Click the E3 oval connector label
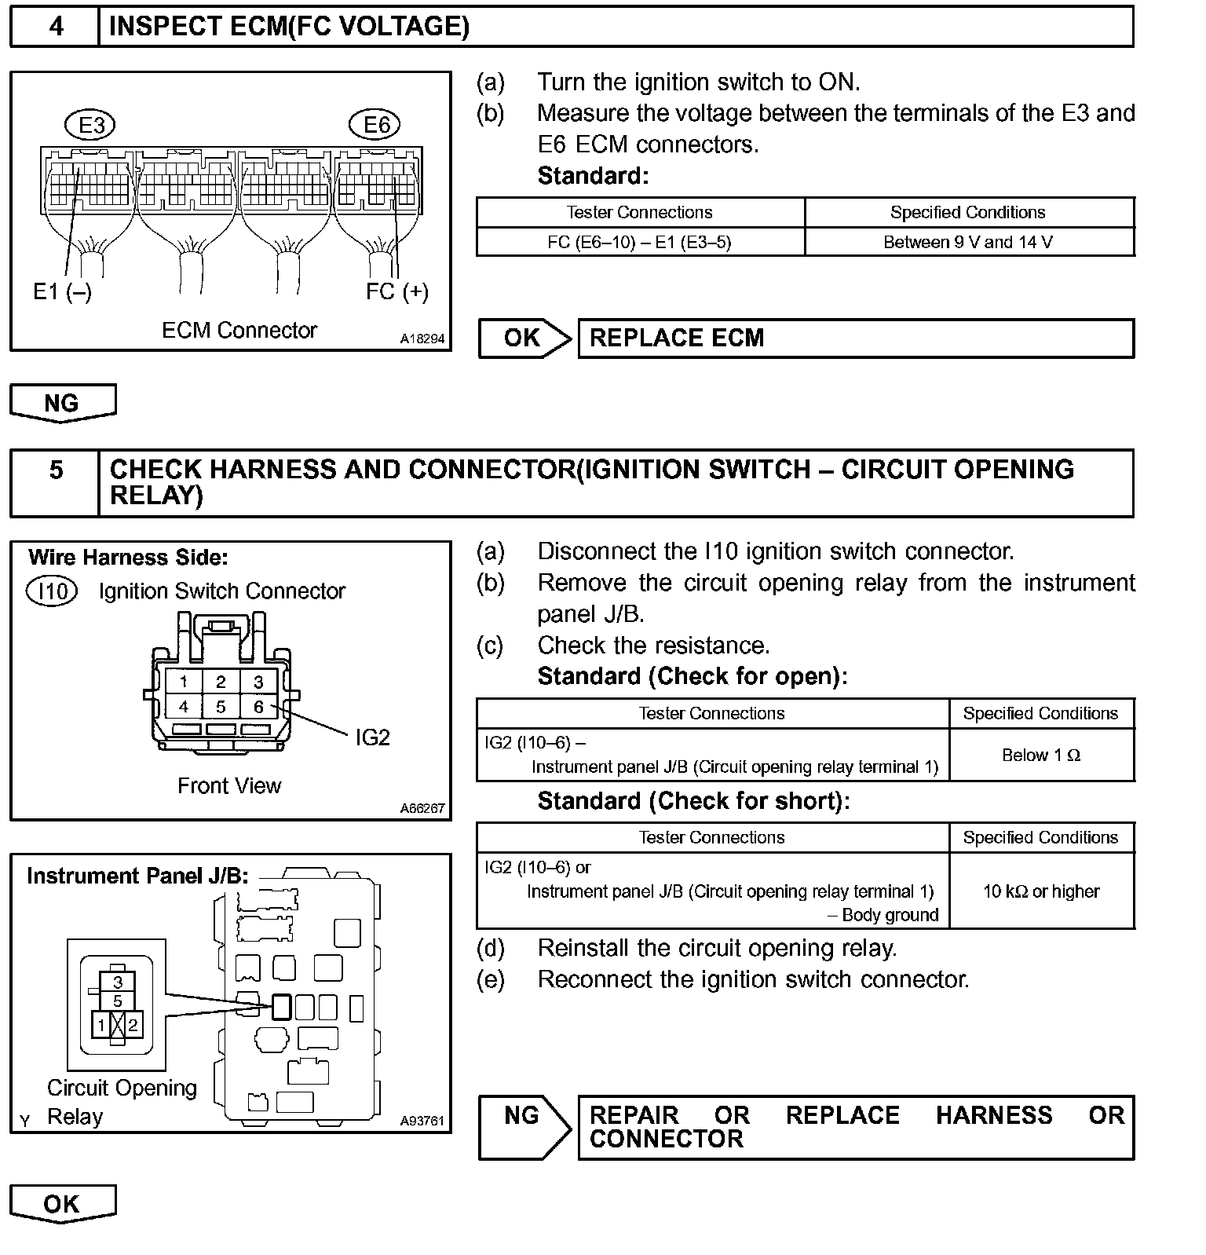pyautogui.click(x=91, y=125)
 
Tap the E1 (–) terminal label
pyautogui.click(x=62, y=292)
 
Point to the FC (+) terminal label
pyautogui.click(x=397, y=292)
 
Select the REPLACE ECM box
pyautogui.click(x=856, y=338)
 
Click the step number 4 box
pyautogui.click(x=55, y=27)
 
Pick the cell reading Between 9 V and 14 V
pyautogui.click(x=968, y=242)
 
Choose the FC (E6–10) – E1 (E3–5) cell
pyautogui.click(x=639, y=242)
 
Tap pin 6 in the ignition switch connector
pyautogui.click(x=258, y=707)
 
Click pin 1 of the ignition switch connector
pyautogui.click(x=183, y=682)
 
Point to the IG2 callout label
pyautogui.click(x=372, y=737)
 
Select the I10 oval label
pyautogui.click(x=52, y=591)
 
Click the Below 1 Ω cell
pyautogui.click(x=1041, y=756)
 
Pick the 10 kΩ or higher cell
pyautogui.click(x=1041, y=891)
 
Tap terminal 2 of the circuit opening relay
pyautogui.click(x=133, y=1025)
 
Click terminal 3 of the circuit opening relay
pyautogui.click(x=118, y=982)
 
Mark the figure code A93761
pyautogui.click(x=422, y=1121)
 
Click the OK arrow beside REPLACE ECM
pyautogui.click(x=524, y=338)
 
